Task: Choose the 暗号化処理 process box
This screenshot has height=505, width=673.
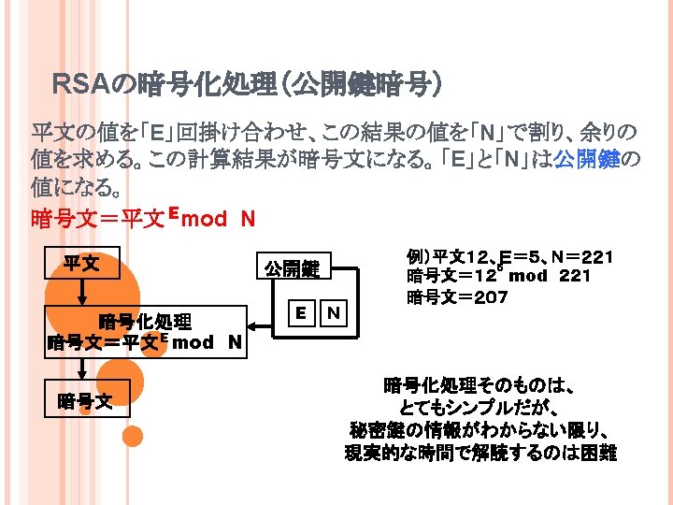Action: click(x=146, y=333)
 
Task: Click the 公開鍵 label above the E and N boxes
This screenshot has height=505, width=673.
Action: click(x=291, y=269)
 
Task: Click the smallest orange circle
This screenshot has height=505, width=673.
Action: click(x=134, y=436)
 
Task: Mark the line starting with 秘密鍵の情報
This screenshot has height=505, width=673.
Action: click(x=479, y=430)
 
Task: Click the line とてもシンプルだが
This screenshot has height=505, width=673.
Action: click(x=479, y=408)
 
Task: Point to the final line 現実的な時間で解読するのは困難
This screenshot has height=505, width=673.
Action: click(x=480, y=454)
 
